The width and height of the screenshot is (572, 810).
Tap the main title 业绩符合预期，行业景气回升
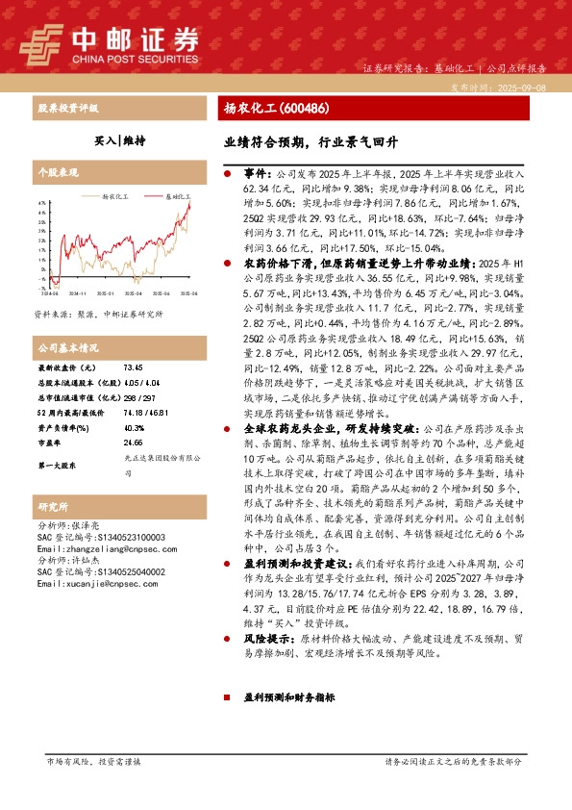point(311,140)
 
